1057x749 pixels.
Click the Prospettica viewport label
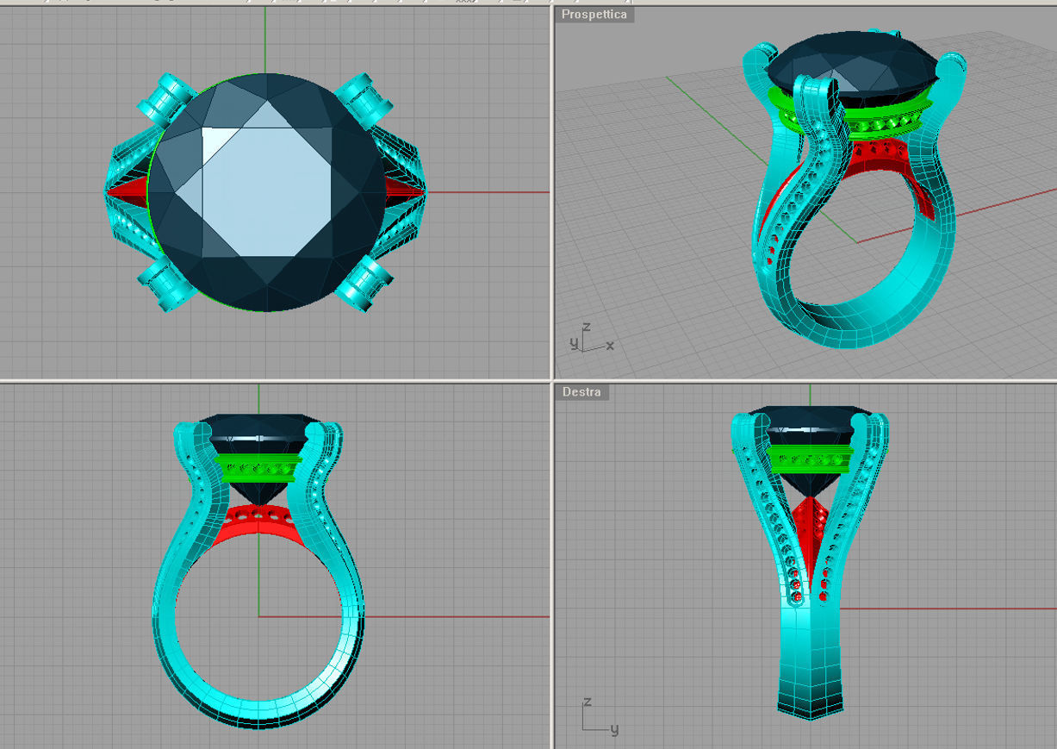coord(594,15)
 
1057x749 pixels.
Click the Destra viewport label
coord(581,392)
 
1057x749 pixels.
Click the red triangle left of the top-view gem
coord(129,190)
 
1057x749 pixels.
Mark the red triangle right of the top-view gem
coord(403,191)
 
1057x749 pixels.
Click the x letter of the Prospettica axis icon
coord(610,346)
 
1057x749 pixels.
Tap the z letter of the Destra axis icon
coord(587,703)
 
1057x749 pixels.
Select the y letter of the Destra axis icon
coord(614,730)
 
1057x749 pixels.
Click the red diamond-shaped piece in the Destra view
coord(809,526)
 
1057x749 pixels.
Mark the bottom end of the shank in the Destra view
coord(810,712)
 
